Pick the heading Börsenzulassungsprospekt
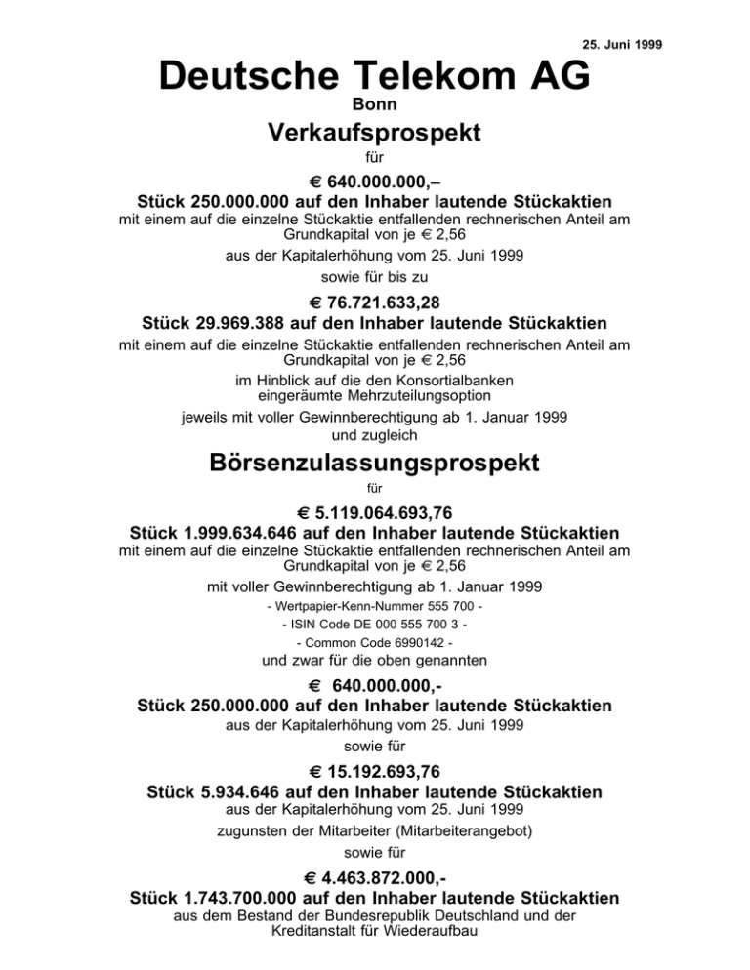tap(374, 463)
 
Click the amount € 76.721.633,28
tap(374, 303)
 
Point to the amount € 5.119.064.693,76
tap(374, 514)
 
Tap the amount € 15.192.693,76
tap(374, 772)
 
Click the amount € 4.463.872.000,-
tap(374, 877)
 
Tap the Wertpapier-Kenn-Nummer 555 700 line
tap(374, 607)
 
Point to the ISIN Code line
tap(374, 626)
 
